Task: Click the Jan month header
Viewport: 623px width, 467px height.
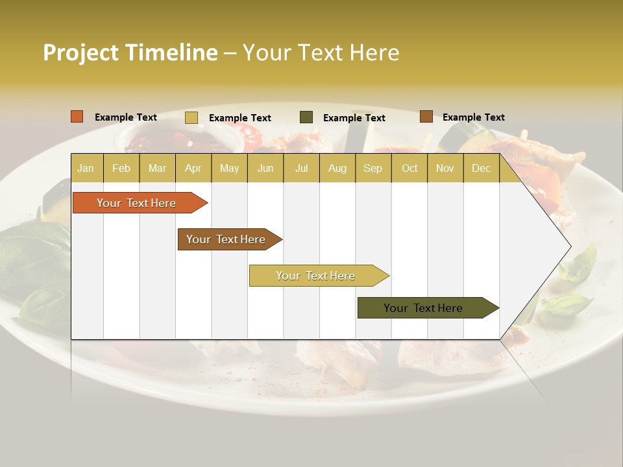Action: coord(86,168)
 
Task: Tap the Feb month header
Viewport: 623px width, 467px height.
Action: coord(121,168)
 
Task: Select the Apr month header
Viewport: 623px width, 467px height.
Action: coord(193,168)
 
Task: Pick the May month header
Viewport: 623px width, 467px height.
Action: coord(229,168)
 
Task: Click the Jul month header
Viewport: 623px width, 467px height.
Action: coord(301,168)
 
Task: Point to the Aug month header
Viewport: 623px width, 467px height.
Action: coord(337,168)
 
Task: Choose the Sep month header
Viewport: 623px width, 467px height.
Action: coord(373,168)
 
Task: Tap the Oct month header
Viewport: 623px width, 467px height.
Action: coord(409,168)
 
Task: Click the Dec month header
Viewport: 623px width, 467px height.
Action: coord(481,168)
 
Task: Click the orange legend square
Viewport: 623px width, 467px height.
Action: coord(77,117)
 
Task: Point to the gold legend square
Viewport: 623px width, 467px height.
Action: coord(191,117)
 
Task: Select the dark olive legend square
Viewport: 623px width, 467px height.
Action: coord(306,117)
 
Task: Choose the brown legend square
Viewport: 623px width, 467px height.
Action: coord(426,117)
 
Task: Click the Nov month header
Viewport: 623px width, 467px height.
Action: coord(445,168)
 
